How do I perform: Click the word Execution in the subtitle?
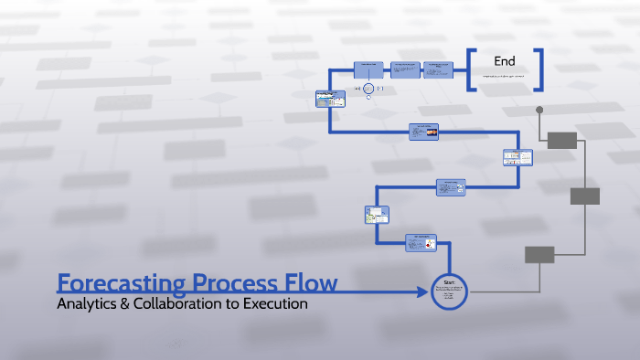pos(273,303)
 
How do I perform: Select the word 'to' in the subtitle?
pos(233,303)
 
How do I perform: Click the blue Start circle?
pos(449,291)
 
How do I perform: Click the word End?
pos(505,61)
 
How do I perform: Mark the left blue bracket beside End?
pos(471,70)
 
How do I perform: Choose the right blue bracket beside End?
pos(540,70)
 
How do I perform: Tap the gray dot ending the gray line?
pos(539,111)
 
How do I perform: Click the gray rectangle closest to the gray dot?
pos(562,140)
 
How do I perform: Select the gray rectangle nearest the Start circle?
pos(539,255)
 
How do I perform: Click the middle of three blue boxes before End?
pos(405,69)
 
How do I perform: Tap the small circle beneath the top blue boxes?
pos(368,89)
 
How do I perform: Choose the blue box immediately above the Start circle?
pos(423,242)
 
